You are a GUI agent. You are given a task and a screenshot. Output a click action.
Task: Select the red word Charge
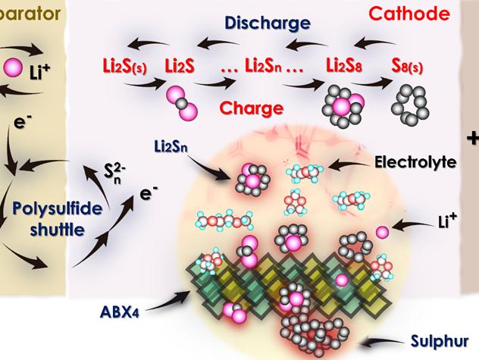[x=252, y=108]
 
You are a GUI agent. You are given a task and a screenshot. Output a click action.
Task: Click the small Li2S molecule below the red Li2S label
[x=182, y=102]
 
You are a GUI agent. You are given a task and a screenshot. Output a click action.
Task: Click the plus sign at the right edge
[x=472, y=138]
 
